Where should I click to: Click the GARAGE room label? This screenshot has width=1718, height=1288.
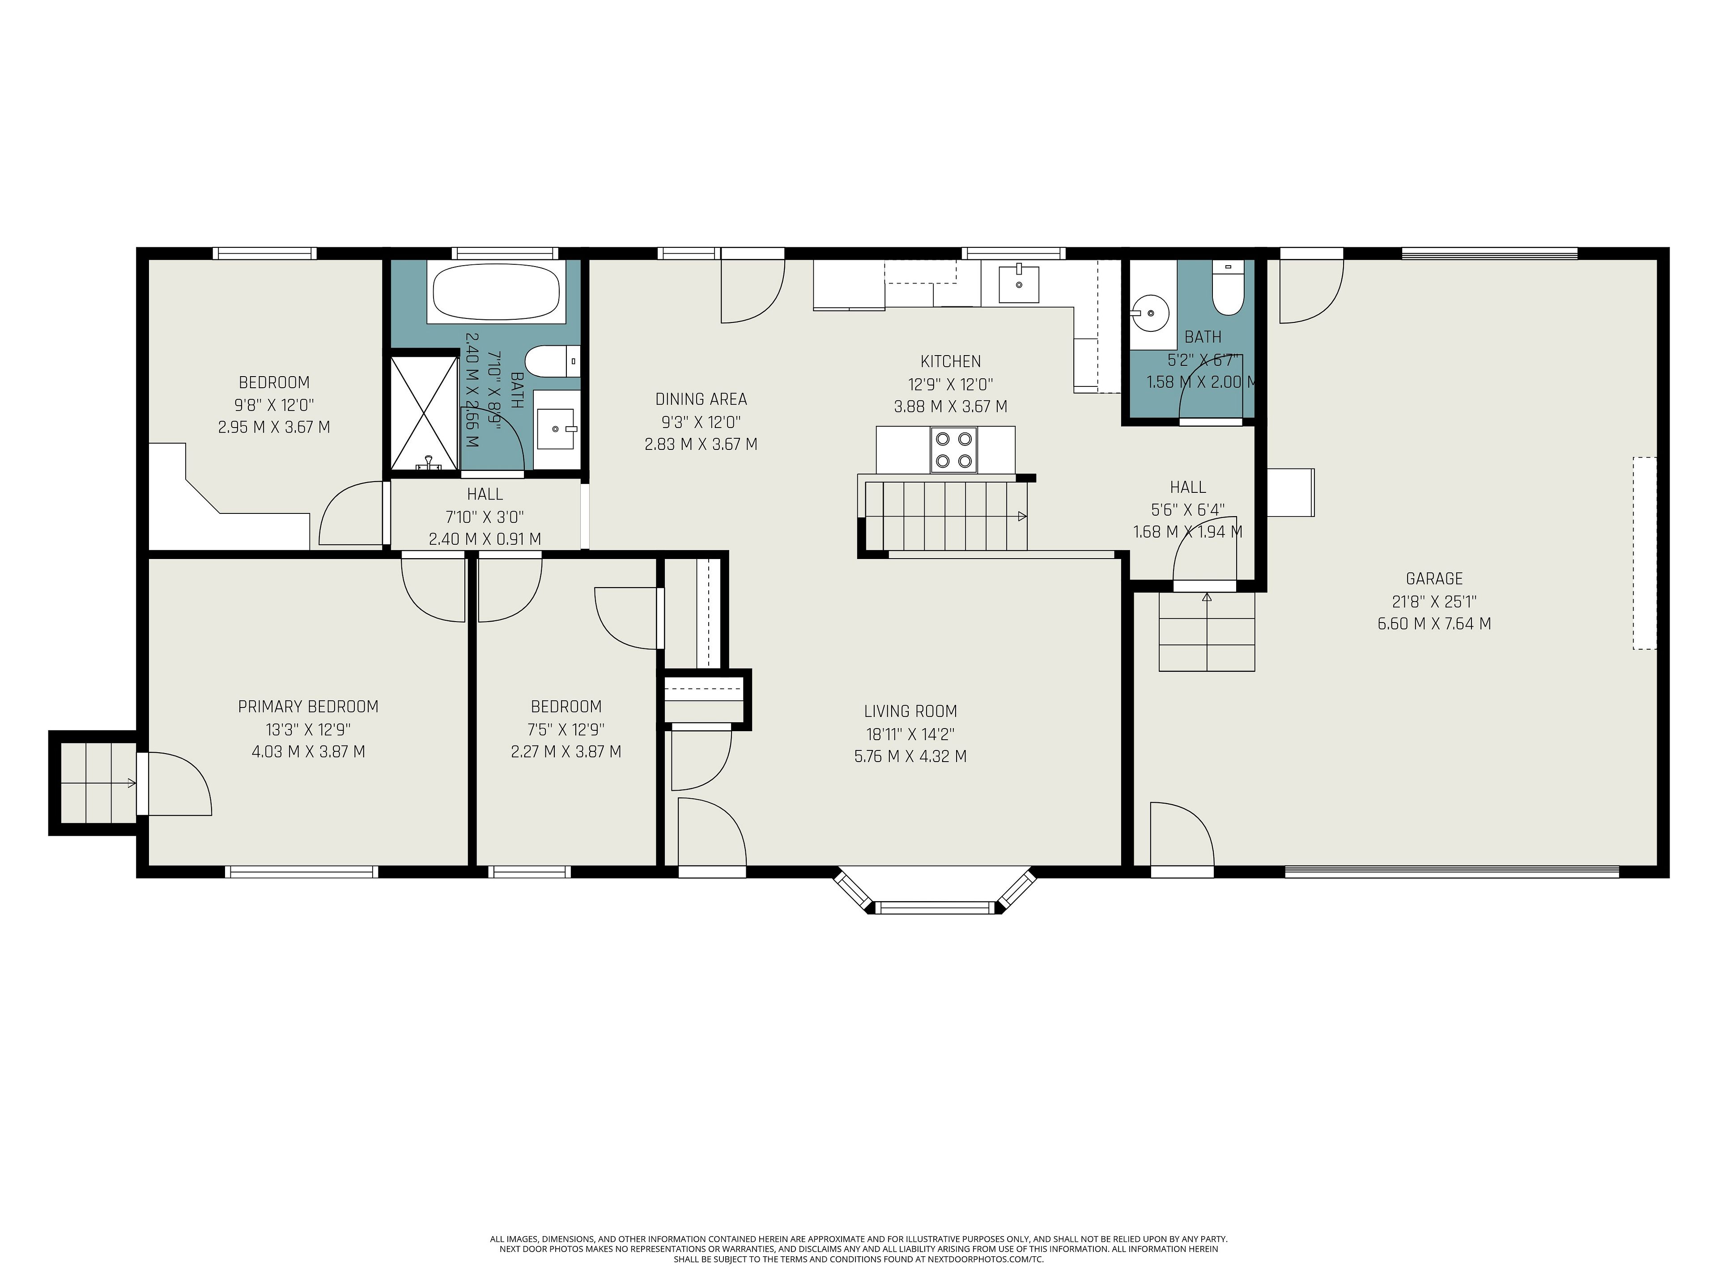pyautogui.click(x=1434, y=578)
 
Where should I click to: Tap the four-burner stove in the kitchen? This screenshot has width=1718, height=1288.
pyautogui.click(x=954, y=449)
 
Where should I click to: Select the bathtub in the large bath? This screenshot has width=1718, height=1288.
pyautogui.click(x=496, y=292)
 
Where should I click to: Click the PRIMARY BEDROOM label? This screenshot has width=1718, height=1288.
pyautogui.click(x=308, y=707)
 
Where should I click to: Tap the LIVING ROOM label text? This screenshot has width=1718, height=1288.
pyautogui.click(x=910, y=711)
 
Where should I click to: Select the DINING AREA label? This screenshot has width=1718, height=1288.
pyautogui.click(x=702, y=399)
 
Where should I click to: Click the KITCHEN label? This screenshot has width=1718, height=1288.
pyautogui.click(x=951, y=361)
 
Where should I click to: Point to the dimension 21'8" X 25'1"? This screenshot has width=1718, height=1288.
pyautogui.click(x=1434, y=601)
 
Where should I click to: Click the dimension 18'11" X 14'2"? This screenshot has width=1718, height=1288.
pyautogui.click(x=910, y=734)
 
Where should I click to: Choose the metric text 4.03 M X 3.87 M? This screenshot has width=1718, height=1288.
pyautogui.click(x=308, y=751)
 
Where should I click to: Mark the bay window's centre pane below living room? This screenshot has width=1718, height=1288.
pyautogui.click(x=934, y=907)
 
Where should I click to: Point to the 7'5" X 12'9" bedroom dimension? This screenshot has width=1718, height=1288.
pyautogui.click(x=566, y=729)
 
